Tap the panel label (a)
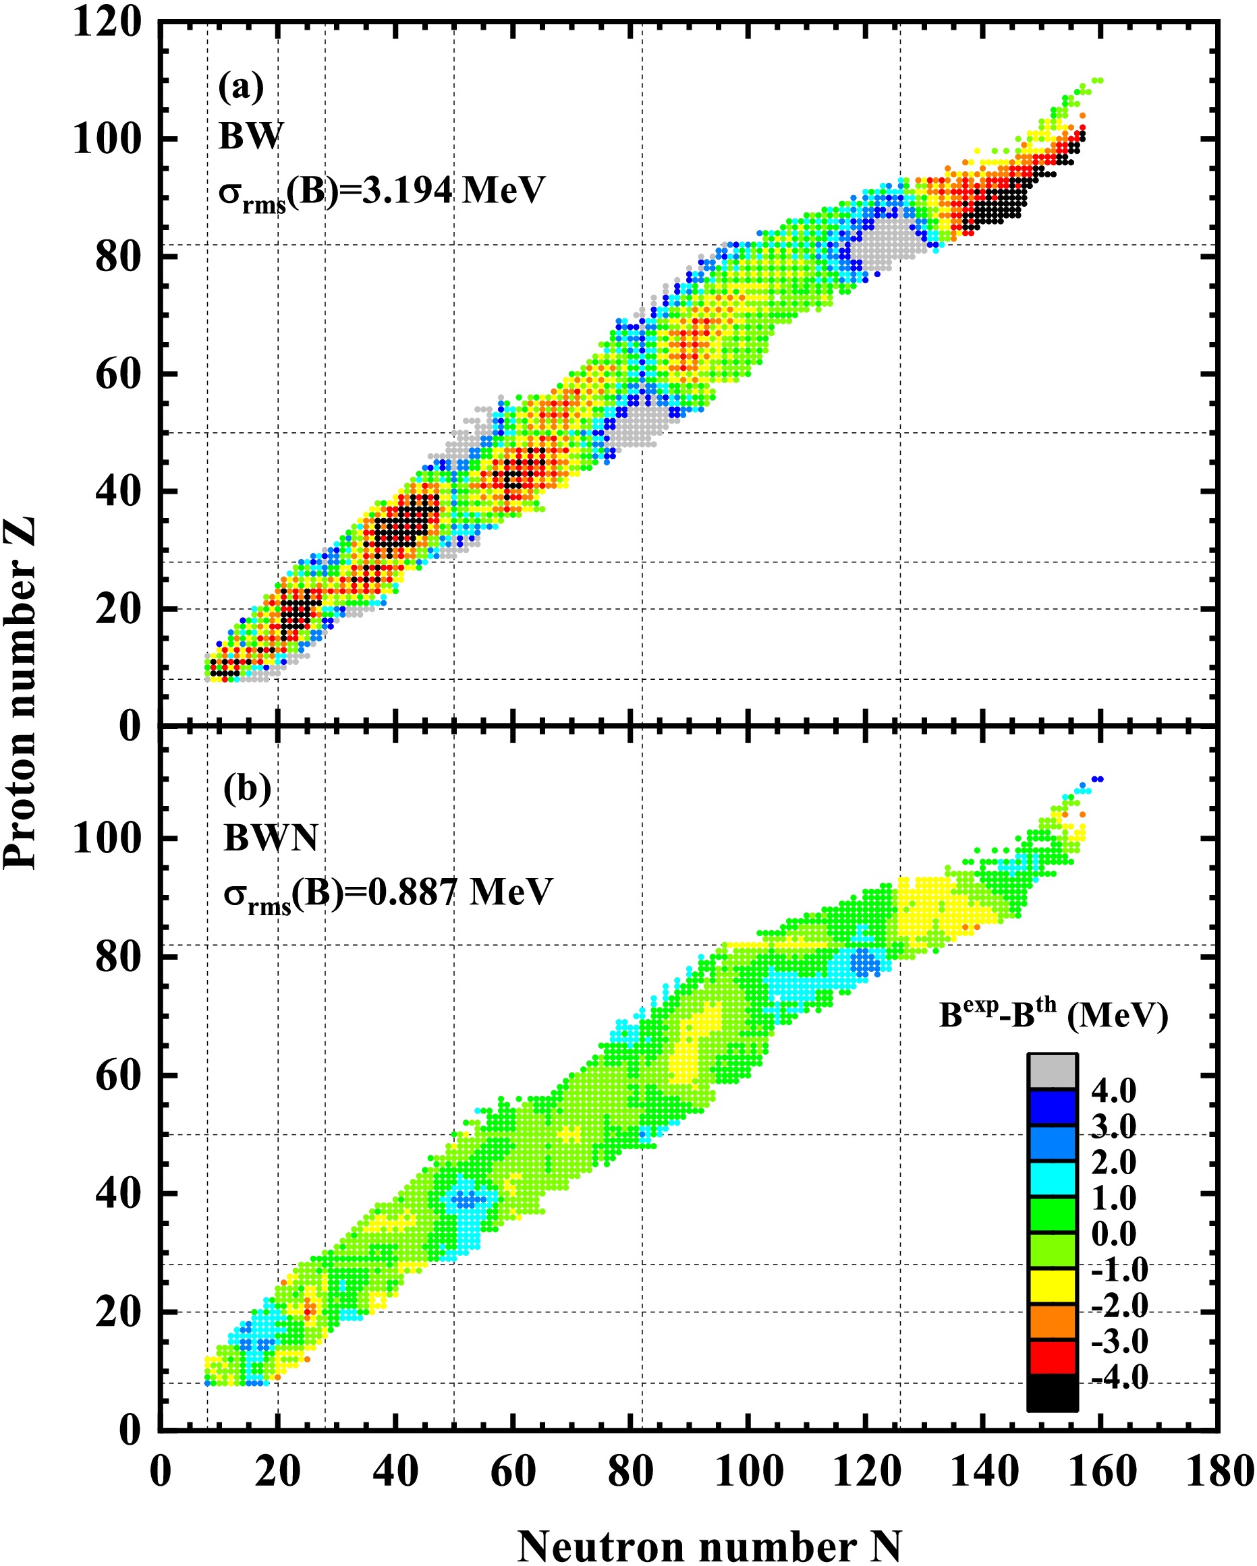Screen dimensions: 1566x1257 coord(242,86)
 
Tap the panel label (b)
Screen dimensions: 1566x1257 coord(247,788)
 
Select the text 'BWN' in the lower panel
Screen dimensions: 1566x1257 coord(271,838)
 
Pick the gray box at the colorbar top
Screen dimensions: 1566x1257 coord(1051,1070)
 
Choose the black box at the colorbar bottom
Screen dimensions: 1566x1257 coord(1051,1393)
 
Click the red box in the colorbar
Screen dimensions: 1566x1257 coord(1051,1357)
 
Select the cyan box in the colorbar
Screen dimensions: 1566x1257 coord(1051,1178)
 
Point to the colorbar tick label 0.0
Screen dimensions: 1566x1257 coord(1114,1234)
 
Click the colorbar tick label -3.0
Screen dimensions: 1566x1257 coord(1119,1341)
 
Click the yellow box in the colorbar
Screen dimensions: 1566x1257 coord(1051,1285)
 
